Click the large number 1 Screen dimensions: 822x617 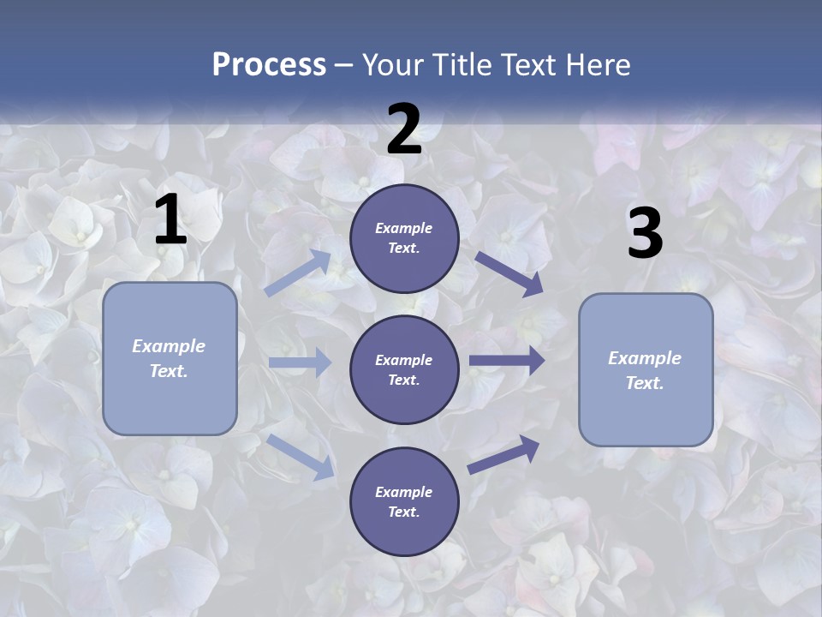(170, 220)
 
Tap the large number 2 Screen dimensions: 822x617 (404, 129)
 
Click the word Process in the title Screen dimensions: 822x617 (269, 64)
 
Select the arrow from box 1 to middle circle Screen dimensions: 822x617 (299, 362)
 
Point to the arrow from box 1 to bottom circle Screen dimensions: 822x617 (301, 457)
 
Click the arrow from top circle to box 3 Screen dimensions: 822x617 (509, 273)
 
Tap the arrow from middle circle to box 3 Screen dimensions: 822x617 (507, 361)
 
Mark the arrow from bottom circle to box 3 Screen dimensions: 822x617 (504, 454)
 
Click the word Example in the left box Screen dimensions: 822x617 (169, 346)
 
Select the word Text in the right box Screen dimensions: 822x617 (645, 383)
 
